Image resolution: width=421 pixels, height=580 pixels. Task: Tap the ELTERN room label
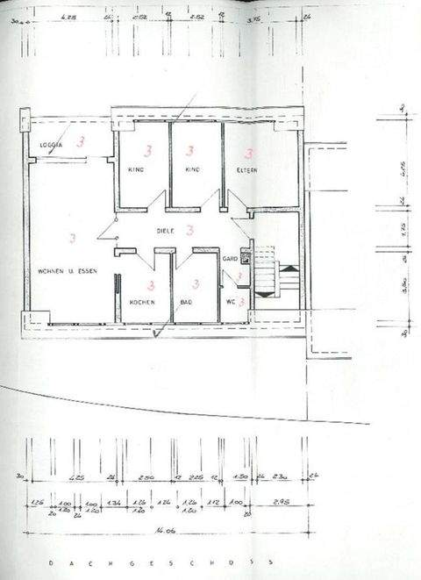(x=246, y=170)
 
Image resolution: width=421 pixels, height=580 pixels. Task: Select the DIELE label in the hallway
(x=165, y=231)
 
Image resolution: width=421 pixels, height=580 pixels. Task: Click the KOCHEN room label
(x=142, y=302)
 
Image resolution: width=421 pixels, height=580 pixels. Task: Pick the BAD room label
(x=186, y=302)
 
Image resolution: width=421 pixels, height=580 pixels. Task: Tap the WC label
(x=231, y=302)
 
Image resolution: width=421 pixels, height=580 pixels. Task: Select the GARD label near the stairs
(x=230, y=259)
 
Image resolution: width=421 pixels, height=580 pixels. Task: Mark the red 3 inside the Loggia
(x=81, y=140)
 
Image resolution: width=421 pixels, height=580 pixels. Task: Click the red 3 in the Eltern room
(x=248, y=154)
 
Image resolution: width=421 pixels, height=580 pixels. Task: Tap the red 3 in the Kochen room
(x=151, y=285)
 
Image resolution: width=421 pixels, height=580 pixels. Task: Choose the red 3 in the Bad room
(x=195, y=284)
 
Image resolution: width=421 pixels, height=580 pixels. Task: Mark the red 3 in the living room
(x=72, y=237)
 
